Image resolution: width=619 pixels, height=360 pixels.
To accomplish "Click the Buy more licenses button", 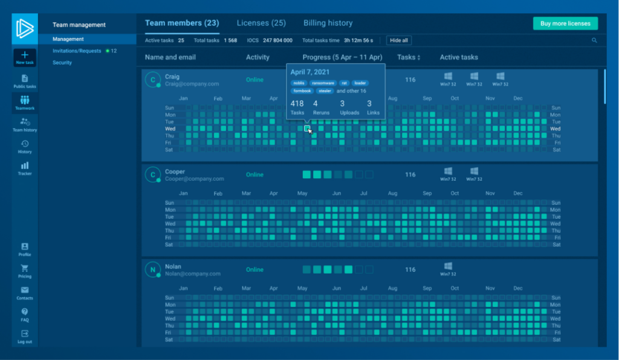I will [565, 24].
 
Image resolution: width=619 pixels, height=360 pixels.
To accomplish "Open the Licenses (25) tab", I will [261, 23].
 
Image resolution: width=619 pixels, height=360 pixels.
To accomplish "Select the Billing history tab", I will [328, 23].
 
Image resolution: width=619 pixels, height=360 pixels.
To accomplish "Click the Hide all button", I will [399, 40].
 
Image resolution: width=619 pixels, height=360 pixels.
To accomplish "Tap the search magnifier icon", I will [594, 40].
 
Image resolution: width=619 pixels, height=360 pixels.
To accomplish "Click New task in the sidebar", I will [25, 58].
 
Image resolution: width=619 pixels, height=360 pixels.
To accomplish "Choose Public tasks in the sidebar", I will [25, 82].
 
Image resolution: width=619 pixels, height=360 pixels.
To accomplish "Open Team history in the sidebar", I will [25, 124].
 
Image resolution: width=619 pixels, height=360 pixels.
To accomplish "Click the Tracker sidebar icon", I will [25, 168].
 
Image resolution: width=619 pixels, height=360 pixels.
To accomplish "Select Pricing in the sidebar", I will [25, 271].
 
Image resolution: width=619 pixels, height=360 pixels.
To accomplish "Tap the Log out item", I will [25, 336].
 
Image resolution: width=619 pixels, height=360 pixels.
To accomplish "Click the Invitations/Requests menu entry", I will [77, 51].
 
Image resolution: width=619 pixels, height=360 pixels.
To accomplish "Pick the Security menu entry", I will [62, 63].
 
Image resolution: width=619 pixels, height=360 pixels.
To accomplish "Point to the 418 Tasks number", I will [297, 104].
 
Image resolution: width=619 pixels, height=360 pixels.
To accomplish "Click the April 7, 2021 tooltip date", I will [311, 72].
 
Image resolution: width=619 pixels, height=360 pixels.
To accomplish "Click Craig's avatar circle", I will [153, 80].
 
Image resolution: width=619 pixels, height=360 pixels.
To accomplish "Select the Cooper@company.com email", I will [195, 179].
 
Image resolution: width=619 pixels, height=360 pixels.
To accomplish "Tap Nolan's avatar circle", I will [153, 270].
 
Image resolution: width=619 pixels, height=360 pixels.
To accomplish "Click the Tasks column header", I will [409, 57].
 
